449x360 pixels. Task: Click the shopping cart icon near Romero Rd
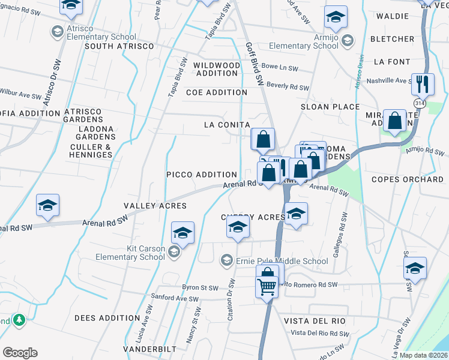pos(267,286)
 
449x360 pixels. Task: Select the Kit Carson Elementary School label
pos(129,253)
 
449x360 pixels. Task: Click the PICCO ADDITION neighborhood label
pos(202,174)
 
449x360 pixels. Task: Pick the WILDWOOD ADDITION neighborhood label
pos(215,69)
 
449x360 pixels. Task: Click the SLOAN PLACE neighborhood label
pos(330,107)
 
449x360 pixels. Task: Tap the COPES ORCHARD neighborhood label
pos(407,179)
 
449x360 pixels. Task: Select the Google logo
pos(20,353)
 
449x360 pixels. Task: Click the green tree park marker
pos(19,320)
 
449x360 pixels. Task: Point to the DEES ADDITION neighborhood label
pos(106,318)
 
